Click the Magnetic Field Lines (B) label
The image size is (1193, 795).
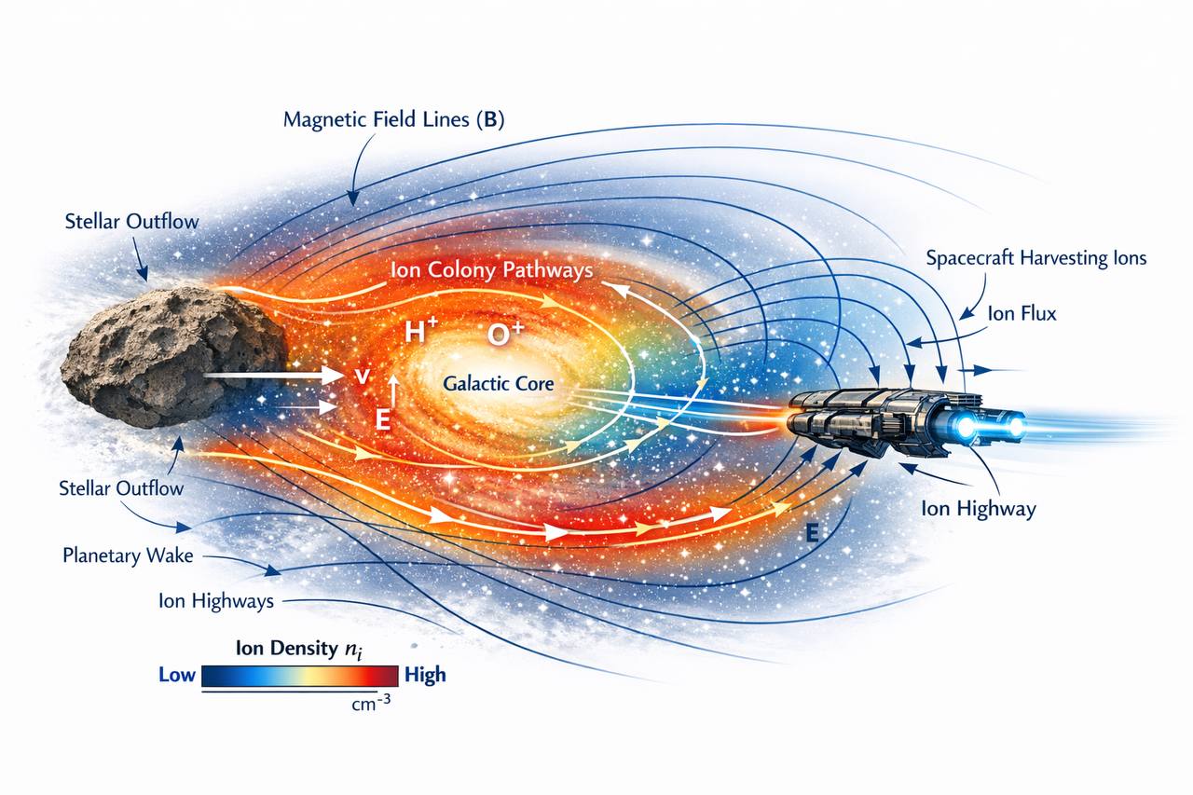(x=393, y=119)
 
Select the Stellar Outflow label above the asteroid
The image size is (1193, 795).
(x=131, y=222)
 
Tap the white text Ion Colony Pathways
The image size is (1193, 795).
(x=491, y=269)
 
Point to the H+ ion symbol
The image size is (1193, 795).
(x=420, y=330)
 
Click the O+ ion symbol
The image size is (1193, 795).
(x=505, y=334)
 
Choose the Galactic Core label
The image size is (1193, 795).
(x=499, y=383)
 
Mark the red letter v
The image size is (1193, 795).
(x=363, y=377)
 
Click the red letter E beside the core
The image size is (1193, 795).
(x=383, y=419)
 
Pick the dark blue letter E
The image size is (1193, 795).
(x=812, y=532)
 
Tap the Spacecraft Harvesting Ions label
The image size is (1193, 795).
(x=1035, y=258)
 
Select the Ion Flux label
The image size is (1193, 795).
(x=1022, y=314)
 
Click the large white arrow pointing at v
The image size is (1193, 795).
(x=273, y=376)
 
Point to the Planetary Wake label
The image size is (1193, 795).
(x=128, y=555)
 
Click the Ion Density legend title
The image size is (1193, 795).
(x=299, y=649)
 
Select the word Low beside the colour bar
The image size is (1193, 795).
(x=177, y=675)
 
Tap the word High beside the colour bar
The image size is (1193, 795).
(x=425, y=675)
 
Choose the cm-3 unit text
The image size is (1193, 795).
(x=371, y=704)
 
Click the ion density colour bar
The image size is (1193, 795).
(x=300, y=677)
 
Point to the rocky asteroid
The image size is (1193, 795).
(x=173, y=357)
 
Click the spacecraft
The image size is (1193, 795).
(x=905, y=423)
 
